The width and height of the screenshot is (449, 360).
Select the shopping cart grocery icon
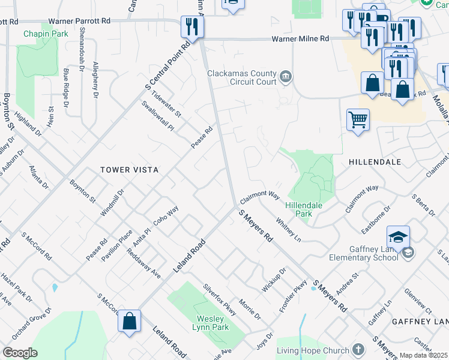point(358,119)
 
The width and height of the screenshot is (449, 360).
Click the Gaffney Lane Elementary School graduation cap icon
point(398,238)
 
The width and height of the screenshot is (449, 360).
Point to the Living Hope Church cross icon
point(358,350)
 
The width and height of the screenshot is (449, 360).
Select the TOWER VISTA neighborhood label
point(130,170)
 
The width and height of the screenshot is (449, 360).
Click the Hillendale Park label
point(304,209)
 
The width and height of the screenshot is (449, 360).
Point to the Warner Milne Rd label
point(301,38)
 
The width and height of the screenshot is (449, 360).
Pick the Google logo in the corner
point(20,353)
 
